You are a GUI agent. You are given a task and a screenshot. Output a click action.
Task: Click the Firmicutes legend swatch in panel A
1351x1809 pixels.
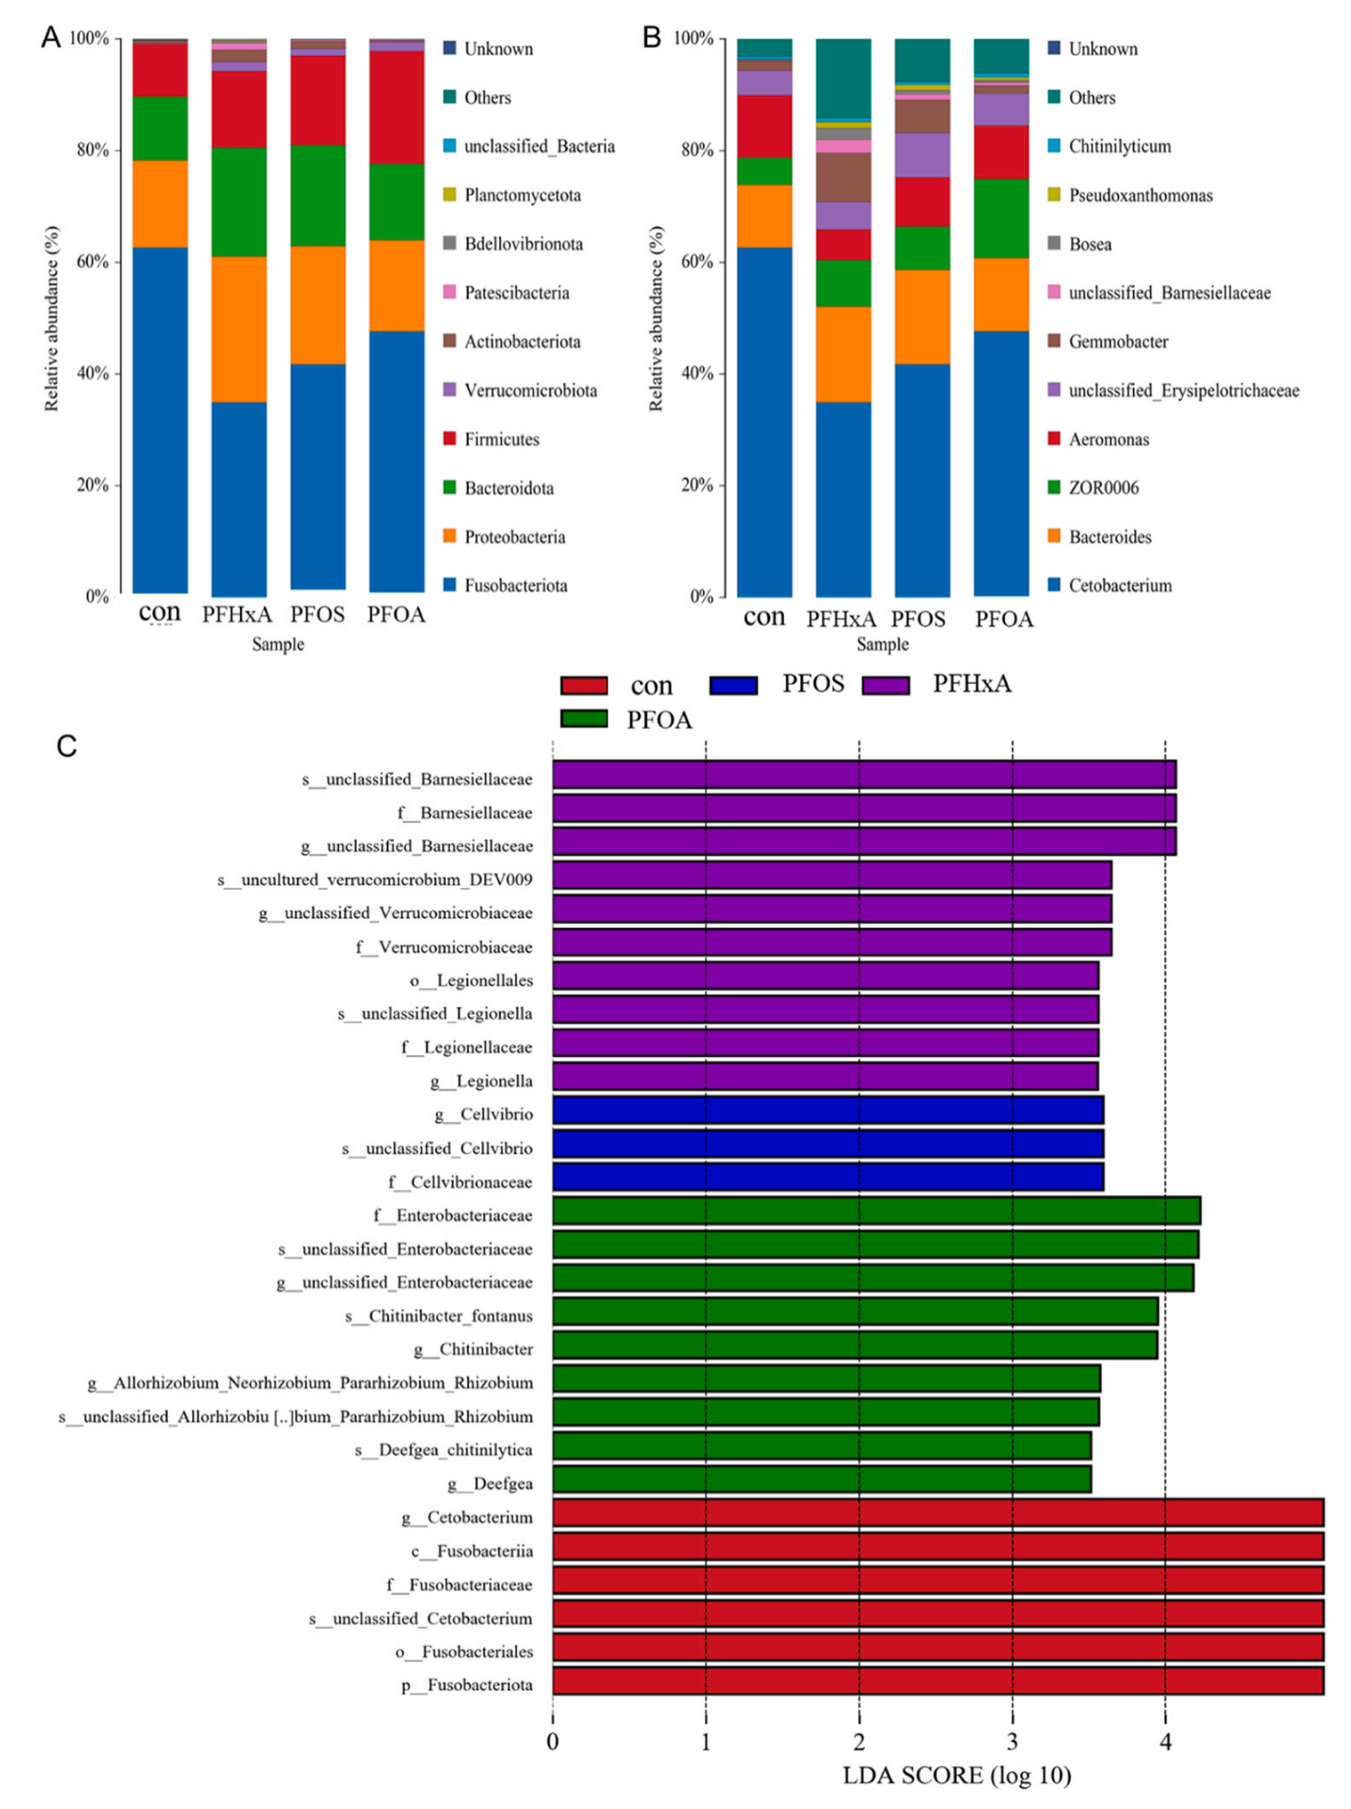click(449, 439)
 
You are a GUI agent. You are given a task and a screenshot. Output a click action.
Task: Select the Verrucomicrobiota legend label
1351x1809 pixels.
click(530, 391)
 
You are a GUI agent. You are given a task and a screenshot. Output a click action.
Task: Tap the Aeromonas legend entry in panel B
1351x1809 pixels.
click(1108, 440)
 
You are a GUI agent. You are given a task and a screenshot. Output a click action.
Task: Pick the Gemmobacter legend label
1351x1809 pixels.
click(1118, 342)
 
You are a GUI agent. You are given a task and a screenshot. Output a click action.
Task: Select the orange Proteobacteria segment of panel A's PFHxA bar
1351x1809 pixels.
click(239, 329)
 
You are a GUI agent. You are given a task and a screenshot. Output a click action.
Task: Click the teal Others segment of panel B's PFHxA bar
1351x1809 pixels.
click(843, 77)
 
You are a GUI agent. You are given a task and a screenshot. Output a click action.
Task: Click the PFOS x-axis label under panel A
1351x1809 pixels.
click(318, 614)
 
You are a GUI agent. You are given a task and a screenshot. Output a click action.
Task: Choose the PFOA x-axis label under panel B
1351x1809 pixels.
click(1003, 620)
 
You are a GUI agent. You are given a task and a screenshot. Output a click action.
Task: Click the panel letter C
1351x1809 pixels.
click(66, 746)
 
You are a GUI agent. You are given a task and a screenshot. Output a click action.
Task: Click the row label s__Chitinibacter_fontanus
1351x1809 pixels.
click(439, 1316)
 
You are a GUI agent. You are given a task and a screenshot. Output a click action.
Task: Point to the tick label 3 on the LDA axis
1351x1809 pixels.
click(1012, 1742)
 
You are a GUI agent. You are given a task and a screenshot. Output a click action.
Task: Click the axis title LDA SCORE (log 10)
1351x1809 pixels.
click(956, 1775)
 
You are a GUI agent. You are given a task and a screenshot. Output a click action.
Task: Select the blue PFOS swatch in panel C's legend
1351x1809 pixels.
click(733, 685)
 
